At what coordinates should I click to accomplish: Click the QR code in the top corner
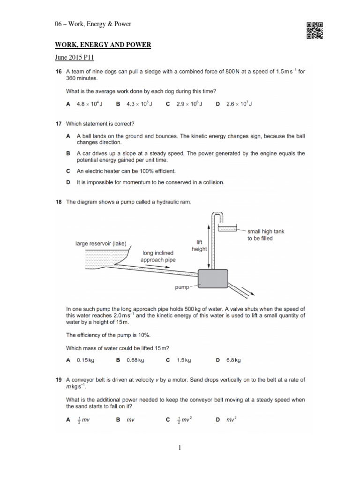pos(315,31)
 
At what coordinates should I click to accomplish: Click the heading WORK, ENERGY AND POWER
pos(103,45)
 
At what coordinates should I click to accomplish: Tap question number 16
pos(59,72)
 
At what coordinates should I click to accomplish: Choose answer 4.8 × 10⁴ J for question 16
pos(90,104)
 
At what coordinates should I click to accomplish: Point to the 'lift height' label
pos(199,246)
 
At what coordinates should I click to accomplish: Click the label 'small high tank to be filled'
pos(266,234)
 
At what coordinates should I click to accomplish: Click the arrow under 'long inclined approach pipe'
pos(159,265)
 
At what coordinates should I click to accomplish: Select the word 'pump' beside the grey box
pos(182,287)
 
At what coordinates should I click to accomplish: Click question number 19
pos(59,380)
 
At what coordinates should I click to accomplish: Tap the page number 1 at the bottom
pos(180,448)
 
